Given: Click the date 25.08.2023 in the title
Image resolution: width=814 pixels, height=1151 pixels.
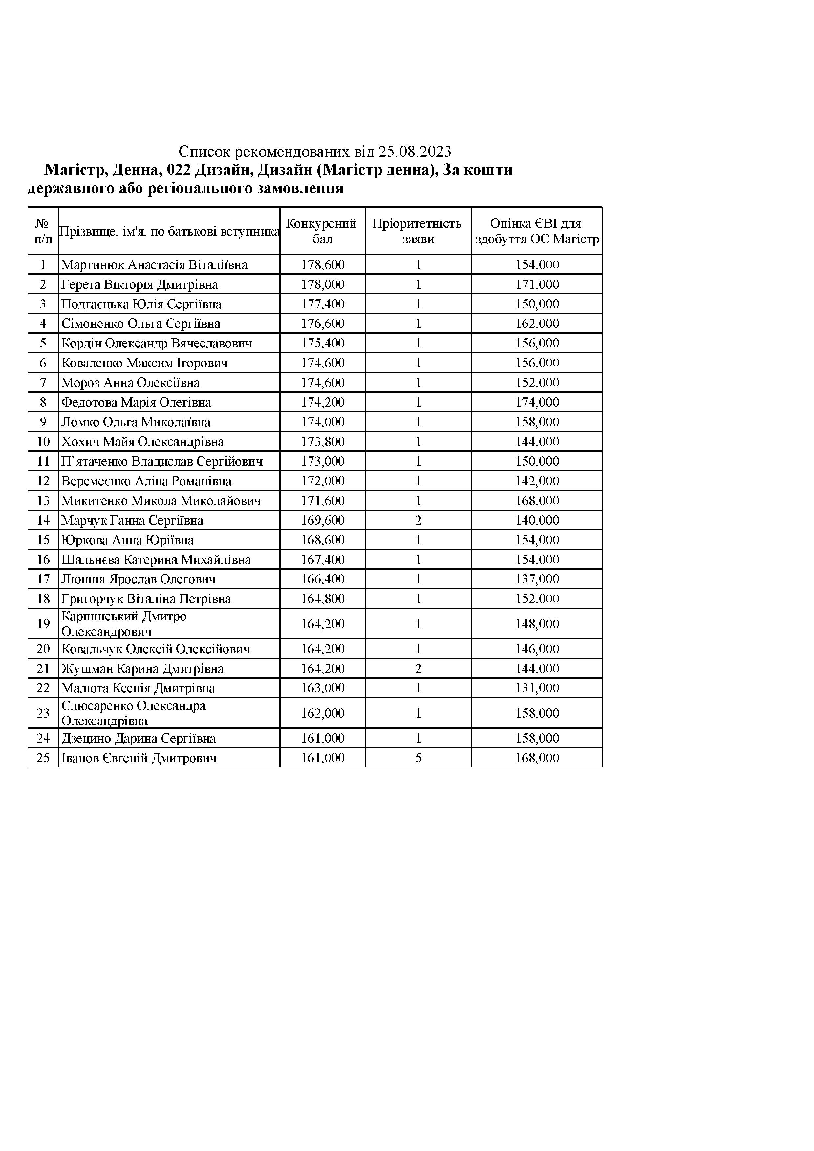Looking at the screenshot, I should click(x=415, y=151).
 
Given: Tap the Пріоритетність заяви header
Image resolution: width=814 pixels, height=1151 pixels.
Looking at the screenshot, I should click(x=418, y=231).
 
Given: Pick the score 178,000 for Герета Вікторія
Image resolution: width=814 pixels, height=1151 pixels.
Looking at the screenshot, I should click(x=323, y=284).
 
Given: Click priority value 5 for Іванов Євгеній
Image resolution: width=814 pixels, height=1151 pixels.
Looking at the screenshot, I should click(x=418, y=758).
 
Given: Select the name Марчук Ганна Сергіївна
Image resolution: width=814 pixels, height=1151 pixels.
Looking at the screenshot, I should click(x=132, y=520).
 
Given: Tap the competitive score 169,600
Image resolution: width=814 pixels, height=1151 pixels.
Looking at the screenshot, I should click(x=323, y=520).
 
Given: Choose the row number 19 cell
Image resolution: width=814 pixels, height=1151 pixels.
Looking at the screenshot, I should click(x=43, y=624).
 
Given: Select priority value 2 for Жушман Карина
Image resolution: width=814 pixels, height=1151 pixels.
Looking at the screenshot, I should click(x=418, y=668).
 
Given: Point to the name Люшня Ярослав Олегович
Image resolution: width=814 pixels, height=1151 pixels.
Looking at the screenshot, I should click(x=139, y=579).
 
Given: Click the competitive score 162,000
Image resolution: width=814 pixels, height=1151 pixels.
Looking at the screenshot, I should click(x=323, y=713).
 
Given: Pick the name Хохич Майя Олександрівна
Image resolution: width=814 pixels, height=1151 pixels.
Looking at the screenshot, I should click(x=142, y=442).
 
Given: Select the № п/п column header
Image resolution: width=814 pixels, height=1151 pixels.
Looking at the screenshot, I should click(x=43, y=231).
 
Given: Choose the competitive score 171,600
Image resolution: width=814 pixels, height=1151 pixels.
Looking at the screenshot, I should click(x=323, y=500).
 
